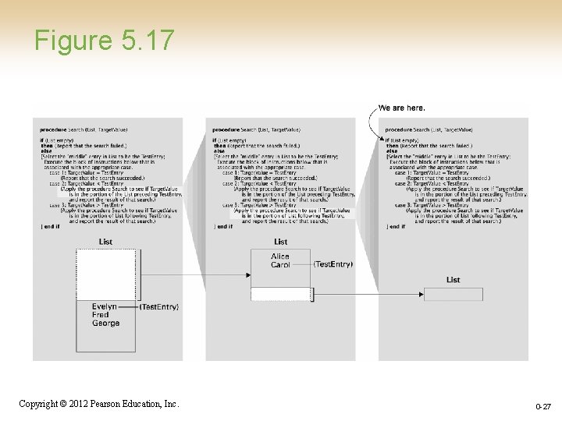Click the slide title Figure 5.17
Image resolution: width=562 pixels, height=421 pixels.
pos(104,40)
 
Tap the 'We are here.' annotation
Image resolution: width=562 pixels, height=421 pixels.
pos(401,108)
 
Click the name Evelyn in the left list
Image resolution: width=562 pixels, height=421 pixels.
pos(105,307)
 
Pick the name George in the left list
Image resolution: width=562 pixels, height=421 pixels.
pos(105,323)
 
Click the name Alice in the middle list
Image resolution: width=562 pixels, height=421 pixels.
pos(280,256)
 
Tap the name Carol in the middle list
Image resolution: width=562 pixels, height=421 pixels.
pos(280,265)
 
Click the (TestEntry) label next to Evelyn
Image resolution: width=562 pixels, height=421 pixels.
pos(159,307)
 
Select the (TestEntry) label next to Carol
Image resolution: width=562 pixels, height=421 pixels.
pos(333,264)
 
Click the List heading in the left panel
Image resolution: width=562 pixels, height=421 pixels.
pos(105,242)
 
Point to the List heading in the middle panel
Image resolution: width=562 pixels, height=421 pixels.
pos(280,242)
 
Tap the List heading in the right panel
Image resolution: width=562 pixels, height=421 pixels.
pos(454,280)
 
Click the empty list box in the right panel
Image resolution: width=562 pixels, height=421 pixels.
pos(454,294)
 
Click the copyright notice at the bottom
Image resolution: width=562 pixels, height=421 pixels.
pos(99,404)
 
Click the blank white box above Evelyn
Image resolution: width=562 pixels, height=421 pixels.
pos(105,274)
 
